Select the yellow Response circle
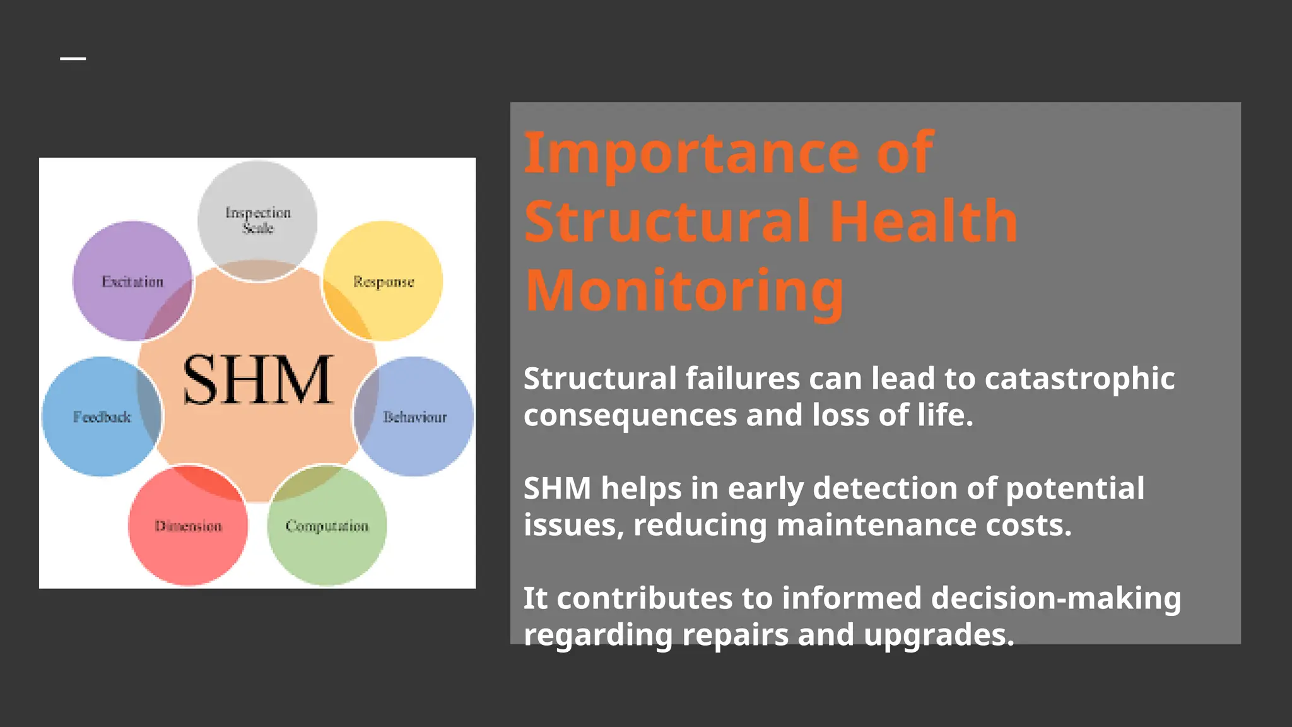click(383, 281)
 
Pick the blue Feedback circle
click(102, 417)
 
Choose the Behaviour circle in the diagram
click(414, 417)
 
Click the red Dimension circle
click(188, 526)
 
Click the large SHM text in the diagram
click(257, 380)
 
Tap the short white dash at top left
click(73, 59)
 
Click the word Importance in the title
click(691, 153)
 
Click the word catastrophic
click(1079, 379)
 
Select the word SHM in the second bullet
click(557, 488)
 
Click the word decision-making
click(1056, 598)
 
